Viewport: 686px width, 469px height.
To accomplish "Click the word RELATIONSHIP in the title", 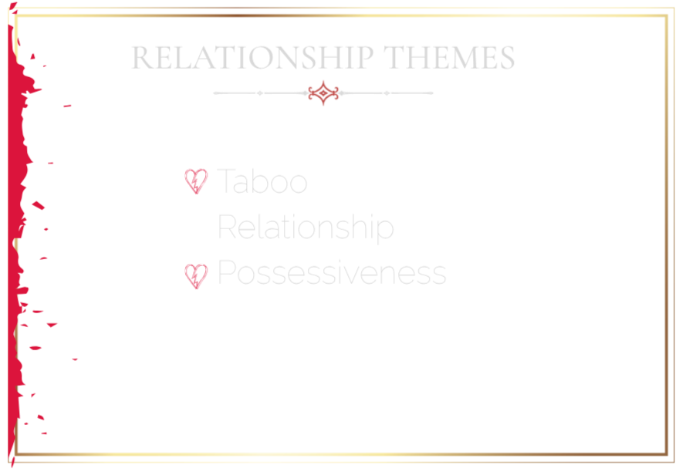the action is point(252,57).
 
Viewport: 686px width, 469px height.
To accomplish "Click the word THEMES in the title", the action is point(449,57).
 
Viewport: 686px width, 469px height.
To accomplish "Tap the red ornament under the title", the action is point(323,93).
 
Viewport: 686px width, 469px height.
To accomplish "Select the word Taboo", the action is point(262,181).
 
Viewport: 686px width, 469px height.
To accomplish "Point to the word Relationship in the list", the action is point(306,227).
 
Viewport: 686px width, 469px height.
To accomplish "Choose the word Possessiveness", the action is point(332,272).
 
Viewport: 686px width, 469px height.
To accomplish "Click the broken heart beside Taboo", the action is point(196,181).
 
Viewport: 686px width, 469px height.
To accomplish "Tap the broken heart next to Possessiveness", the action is point(196,276).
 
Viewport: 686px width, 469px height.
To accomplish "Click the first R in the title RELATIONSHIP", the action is point(142,57).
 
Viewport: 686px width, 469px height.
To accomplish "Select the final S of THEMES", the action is point(507,57).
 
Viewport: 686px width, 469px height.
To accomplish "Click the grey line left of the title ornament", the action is point(261,93).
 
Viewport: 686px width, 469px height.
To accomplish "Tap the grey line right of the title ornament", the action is point(387,93).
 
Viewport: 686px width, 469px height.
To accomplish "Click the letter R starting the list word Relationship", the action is point(227,226).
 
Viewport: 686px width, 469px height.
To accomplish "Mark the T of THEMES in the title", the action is point(394,57).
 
